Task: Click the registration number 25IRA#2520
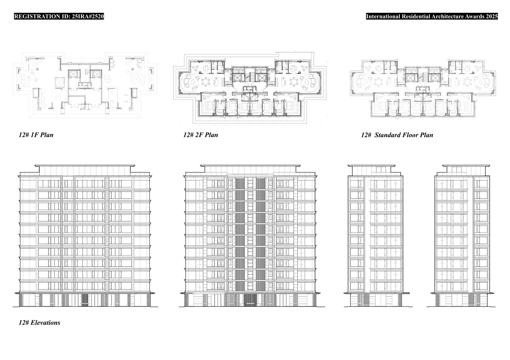tap(88, 16)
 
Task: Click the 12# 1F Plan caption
tap(36, 135)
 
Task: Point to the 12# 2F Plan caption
tap(201, 135)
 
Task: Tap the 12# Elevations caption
tap(39, 323)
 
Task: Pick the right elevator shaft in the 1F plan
tap(95, 74)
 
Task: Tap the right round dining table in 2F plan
tap(294, 82)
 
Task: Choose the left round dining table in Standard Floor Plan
tap(378, 82)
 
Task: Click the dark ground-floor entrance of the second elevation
tap(250, 300)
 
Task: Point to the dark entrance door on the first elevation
tap(85, 300)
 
